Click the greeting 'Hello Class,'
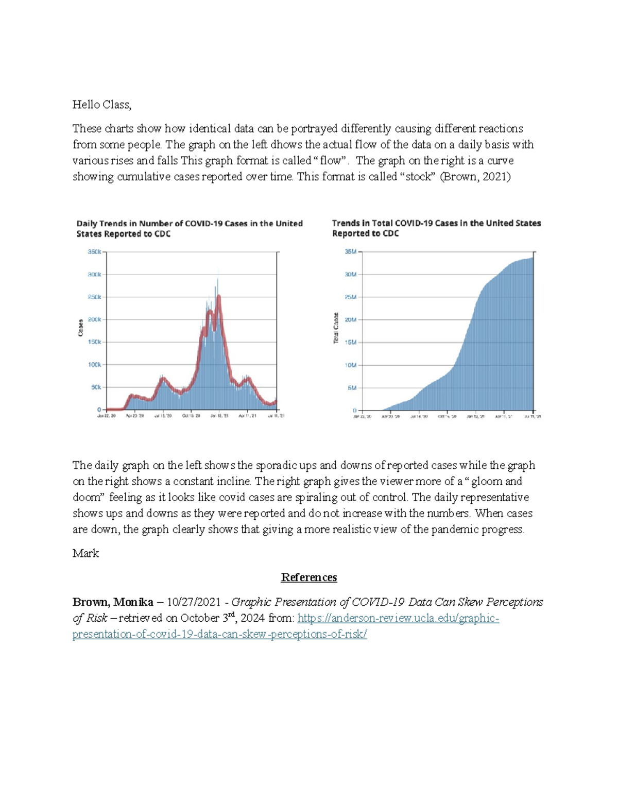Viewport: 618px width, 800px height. (101, 105)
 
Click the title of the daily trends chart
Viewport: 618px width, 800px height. (190, 228)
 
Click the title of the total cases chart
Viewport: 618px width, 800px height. (436, 228)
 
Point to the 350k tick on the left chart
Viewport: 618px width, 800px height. (94, 252)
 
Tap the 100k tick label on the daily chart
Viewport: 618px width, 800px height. (94, 365)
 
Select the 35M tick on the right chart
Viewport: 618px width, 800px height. (351, 252)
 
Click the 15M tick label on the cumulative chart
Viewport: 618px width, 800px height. (351, 342)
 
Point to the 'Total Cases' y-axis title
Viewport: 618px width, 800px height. (336, 328)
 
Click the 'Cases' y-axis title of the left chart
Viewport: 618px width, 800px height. (80, 328)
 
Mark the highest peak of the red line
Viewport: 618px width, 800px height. (219, 297)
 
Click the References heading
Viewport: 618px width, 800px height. (309, 577)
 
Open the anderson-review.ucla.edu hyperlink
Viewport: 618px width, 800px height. (398, 618)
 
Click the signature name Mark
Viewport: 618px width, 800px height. (85, 553)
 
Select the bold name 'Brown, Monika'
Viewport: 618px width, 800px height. (113, 602)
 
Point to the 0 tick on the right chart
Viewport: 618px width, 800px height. (355, 411)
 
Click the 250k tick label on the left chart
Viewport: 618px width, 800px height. (94, 297)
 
